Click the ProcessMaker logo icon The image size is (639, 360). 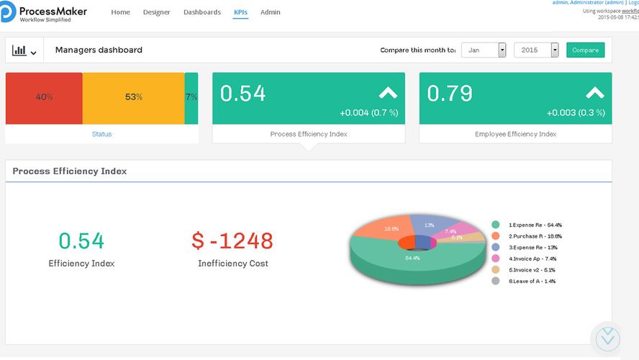(x=8, y=12)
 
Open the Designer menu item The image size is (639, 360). (x=157, y=12)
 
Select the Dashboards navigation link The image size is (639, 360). (x=202, y=12)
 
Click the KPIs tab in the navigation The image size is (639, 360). (x=240, y=12)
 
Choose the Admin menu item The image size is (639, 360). (x=271, y=12)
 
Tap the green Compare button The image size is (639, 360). (x=585, y=50)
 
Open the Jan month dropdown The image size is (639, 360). (x=484, y=50)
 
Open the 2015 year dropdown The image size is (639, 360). (x=536, y=50)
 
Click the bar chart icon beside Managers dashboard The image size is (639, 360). (x=24, y=51)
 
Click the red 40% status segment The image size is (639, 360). (x=44, y=97)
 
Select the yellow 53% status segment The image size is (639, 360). (x=134, y=97)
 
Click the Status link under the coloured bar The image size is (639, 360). (x=101, y=134)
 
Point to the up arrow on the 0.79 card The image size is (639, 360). (x=594, y=93)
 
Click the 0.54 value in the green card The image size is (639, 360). (x=243, y=94)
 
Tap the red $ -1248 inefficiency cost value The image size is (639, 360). (x=232, y=240)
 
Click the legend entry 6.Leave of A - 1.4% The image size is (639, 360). (x=531, y=281)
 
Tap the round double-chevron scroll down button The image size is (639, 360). (x=608, y=337)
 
